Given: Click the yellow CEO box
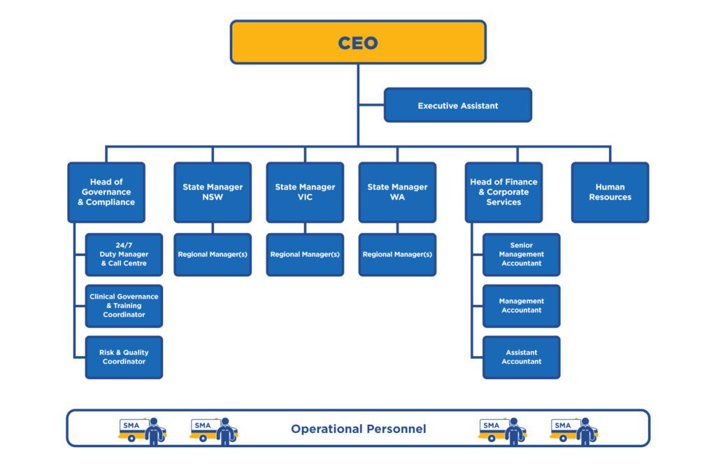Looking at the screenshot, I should pos(358,42).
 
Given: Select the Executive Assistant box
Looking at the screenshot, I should pos(458,106).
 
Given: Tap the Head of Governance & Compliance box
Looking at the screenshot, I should pos(106,192).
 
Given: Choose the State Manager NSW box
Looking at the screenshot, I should pos(213,192).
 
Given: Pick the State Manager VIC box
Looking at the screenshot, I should pos(305,192).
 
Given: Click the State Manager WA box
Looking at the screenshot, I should pos(397,192).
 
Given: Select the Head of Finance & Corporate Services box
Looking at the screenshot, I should pos(503,192).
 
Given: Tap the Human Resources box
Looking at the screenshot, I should pos(610,192).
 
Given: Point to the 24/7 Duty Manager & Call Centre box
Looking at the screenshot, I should pos(124,255).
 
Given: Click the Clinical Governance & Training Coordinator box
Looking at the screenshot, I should pos(124,306).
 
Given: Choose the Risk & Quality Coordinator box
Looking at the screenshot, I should pos(124,357).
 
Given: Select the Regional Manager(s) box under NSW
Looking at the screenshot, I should pos(213,255).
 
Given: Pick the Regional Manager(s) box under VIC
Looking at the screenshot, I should pos(305,255).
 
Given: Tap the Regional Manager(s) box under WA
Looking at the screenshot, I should pos(397,255).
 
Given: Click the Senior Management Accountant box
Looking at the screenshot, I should pos(521,255).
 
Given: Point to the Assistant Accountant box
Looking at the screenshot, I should pos(521,357).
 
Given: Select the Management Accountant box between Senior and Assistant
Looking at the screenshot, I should pos(521,306).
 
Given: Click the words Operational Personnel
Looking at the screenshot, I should pos(358,429).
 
